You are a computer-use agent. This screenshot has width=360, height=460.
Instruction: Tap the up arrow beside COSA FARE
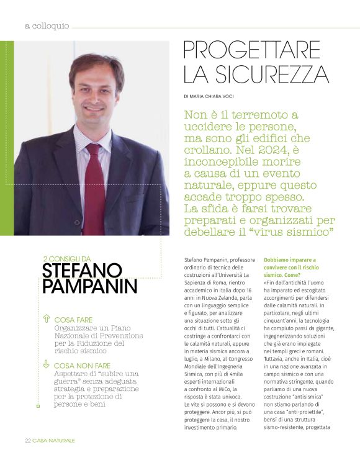[46, 319]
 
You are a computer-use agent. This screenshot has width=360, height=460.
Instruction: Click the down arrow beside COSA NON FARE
[46, 365]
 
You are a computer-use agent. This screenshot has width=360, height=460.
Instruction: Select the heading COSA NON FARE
[83, 366]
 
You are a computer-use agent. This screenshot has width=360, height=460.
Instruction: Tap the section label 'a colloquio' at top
[47, 26]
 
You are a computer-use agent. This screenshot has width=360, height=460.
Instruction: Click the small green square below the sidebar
[38, 406]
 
